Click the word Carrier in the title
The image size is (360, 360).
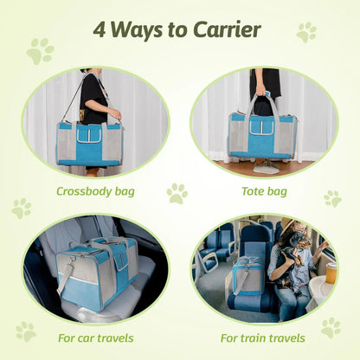coord(220,30)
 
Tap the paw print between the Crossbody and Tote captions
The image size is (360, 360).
coord(177,193)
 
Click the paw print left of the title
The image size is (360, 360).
coord(39,51)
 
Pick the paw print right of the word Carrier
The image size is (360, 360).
coord(306,33)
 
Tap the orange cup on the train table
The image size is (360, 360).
coord(331,270)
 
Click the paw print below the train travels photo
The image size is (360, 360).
coord(330,328)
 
